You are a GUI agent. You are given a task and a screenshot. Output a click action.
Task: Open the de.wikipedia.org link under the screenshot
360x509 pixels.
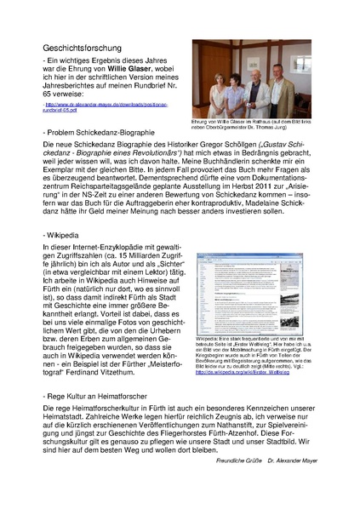252,361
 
